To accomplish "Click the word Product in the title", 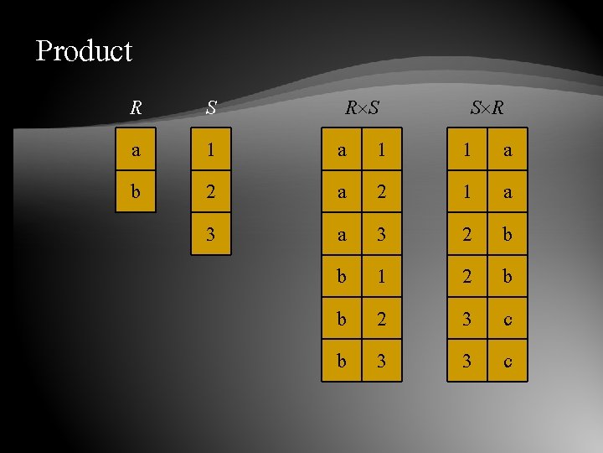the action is (x=84, y=51).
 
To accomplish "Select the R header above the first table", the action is (x=136, y=108).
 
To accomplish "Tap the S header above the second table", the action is (x=211, y=108).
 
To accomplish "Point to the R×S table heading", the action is (x=362, y=108).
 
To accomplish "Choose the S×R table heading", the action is (x=487, y=108).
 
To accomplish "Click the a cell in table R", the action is (x=136, y=151).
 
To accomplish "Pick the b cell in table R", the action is (x=136, y=192).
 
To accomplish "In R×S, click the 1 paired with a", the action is (x=382, y=151).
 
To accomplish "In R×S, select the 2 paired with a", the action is (x=382, y=192).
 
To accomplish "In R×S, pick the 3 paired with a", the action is (x=382, y=234).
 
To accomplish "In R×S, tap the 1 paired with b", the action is (x=382, y=276).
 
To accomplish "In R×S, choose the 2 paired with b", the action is (x=382, y=318).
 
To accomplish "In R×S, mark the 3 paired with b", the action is (x=382, y=360).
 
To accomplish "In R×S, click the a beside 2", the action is (x=342, y=192).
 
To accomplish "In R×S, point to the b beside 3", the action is (x=342, y=360).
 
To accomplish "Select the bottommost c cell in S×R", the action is (x=508, y=360).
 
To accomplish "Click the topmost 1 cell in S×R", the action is (x=466, y=151).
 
